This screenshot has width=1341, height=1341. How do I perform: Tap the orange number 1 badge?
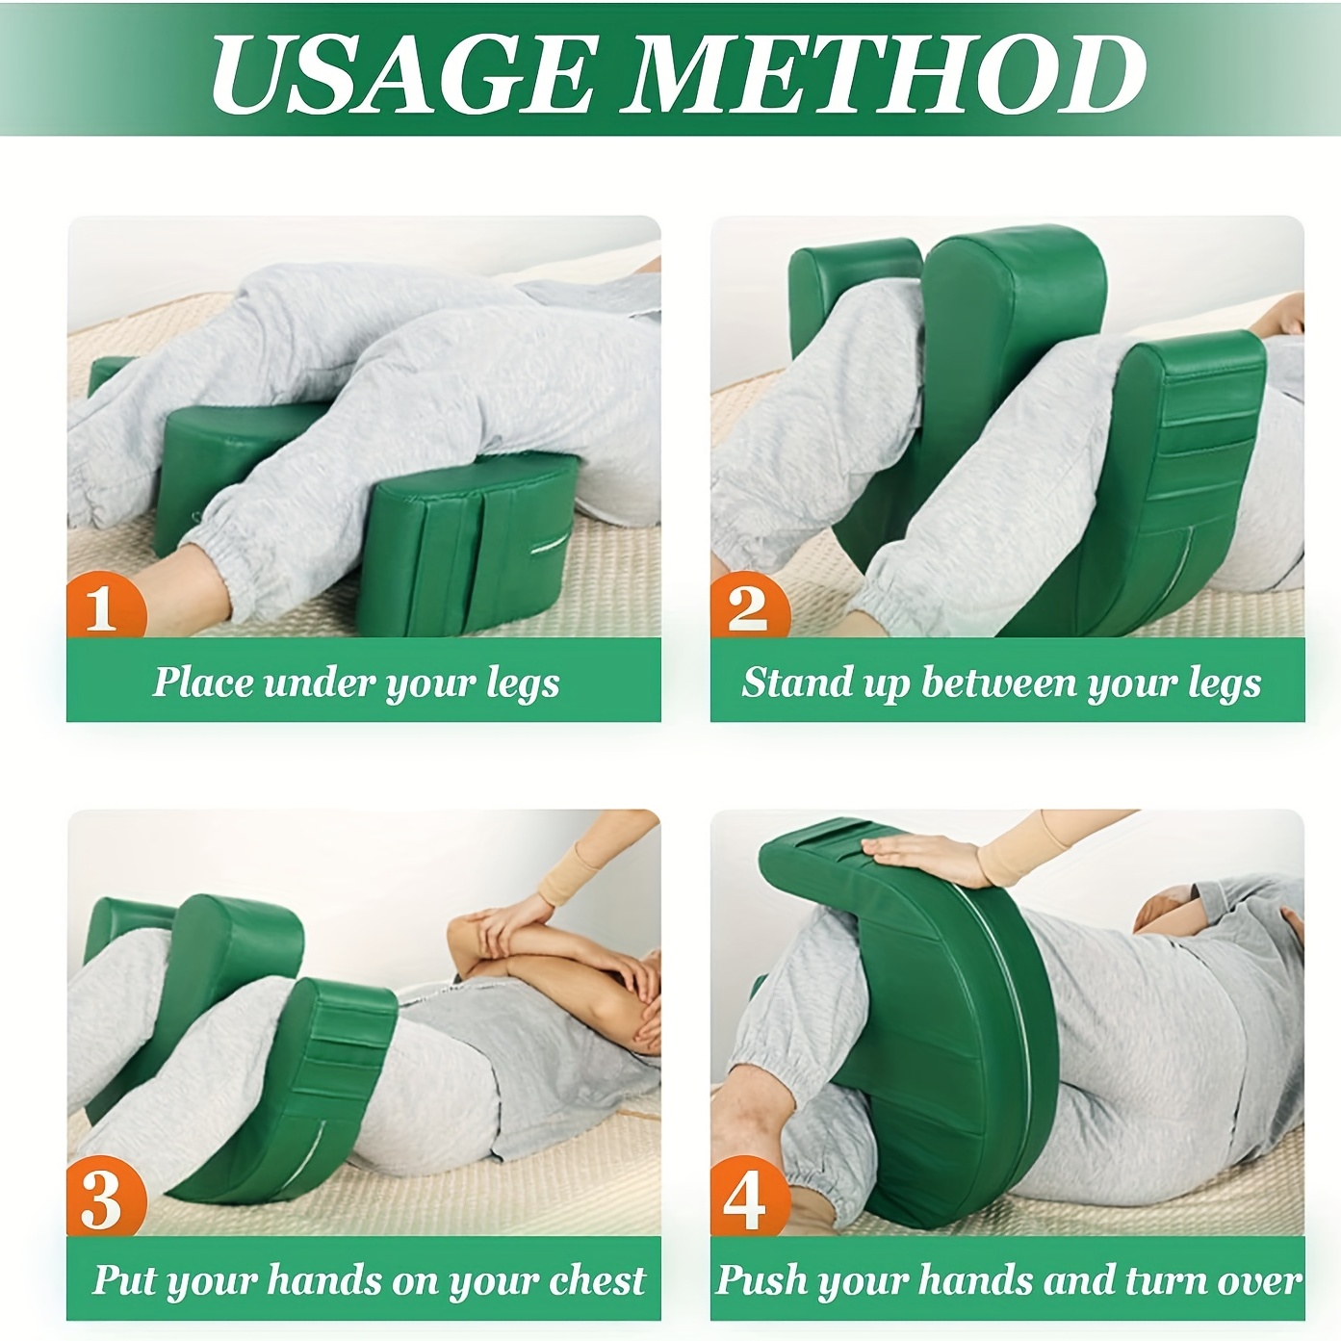107,604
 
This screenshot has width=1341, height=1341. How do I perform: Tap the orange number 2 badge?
750,604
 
